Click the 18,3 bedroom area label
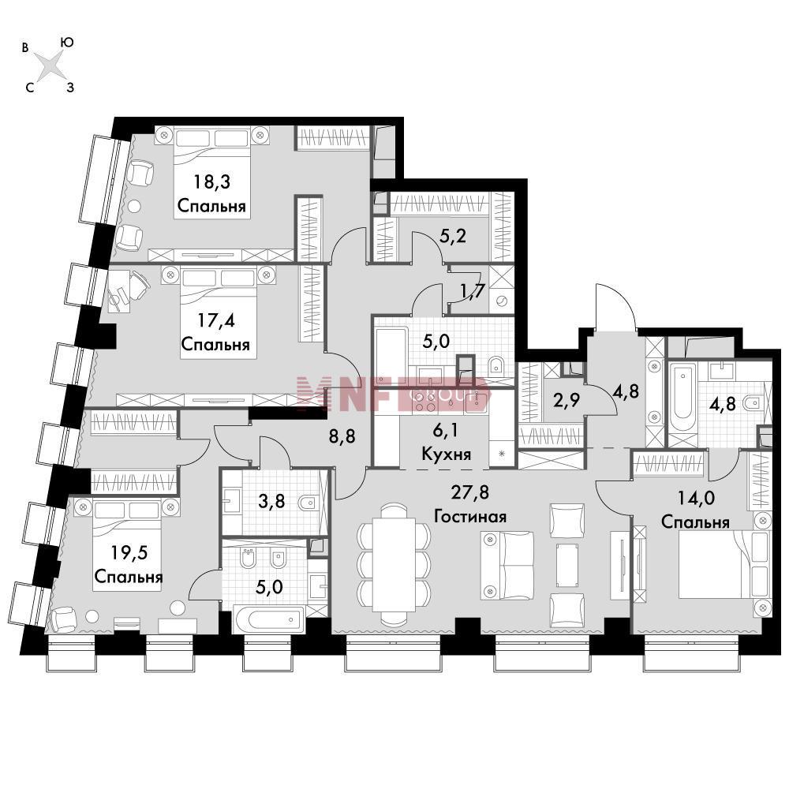point(211,181)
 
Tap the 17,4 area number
point(216,320)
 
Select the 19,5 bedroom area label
point(129,552)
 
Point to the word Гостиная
point(470,516)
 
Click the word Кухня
point(446,454)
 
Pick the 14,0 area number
point(696,498)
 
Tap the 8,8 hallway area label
point(342,436)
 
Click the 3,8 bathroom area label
point(271,501)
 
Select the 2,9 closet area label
point(566,400)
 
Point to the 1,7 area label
point(472,290)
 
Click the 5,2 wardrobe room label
point(453,235)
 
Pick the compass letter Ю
point(67,43)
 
